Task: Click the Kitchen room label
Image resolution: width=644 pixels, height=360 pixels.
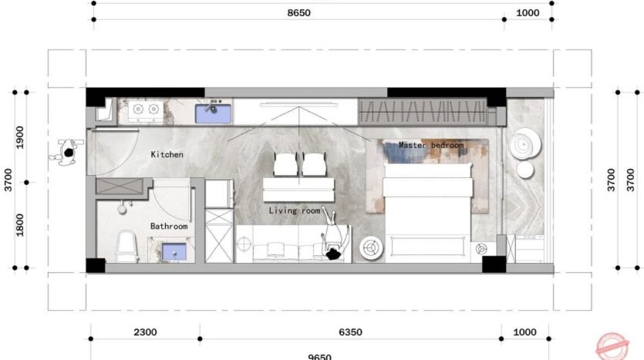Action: tap(167, 155)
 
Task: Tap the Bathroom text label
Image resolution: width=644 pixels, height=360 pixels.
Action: tap(169, 227)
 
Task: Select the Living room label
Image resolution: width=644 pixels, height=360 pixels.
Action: tap(294, 210)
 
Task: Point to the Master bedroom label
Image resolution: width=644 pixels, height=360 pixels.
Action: tap(431, 145)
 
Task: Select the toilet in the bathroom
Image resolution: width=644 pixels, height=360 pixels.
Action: tap(126, 246)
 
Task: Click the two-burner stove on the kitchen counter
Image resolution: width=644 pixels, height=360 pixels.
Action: tap(146, 110)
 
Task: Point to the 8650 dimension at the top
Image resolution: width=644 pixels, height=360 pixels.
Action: tap(298, 13)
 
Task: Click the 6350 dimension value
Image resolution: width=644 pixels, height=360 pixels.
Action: tap(349, 332)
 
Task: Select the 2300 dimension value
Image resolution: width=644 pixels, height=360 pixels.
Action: tap(145, 332)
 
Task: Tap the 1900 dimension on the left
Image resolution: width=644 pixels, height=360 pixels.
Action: tap(20, 136)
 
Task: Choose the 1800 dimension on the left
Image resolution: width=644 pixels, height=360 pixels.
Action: tap(20, 225)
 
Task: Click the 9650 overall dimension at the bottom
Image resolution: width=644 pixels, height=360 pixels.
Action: tap(319, 356)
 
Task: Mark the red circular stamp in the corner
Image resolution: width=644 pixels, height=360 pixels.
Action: tap(613, 345)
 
